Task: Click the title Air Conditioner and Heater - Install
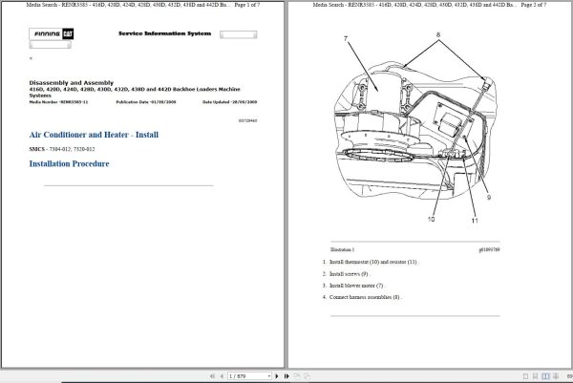(x=94, y=136)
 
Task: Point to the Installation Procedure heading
(x=69, y=164)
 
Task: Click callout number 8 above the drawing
(x=438, y=35)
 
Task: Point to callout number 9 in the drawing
(x=487, y=198)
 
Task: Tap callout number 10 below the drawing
(x=431, y=219)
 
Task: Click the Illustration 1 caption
(x=343, y=249)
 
